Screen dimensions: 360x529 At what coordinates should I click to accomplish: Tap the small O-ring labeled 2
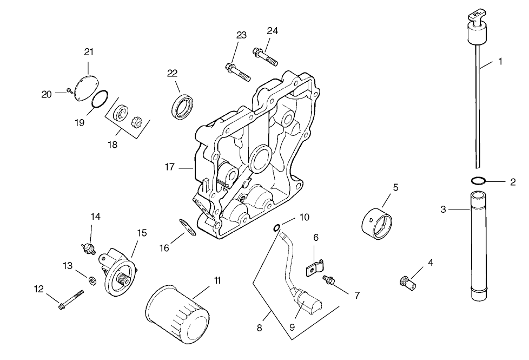[x=478, y=181]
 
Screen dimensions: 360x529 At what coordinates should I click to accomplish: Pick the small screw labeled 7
[x=328, y=279]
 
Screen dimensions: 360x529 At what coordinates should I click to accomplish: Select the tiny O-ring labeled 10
[x=277, y=227]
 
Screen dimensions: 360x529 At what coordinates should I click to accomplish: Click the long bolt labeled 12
[x=70, y=300]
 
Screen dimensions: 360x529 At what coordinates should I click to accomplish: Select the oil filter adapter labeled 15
[x=119, y=270]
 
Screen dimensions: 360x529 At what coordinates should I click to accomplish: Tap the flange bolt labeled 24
[x=264, y=56]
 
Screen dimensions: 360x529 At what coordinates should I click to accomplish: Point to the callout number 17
[x=169, y=167]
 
